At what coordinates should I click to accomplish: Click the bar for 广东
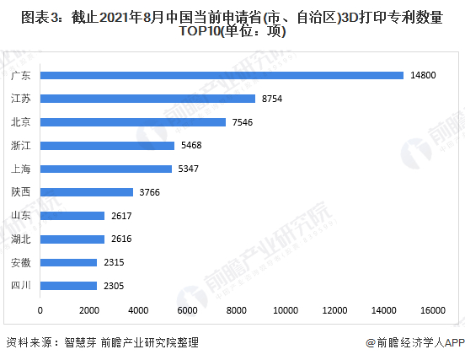(222, 75)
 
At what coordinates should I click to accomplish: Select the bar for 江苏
(147, 99)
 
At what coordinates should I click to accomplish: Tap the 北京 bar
(133, 122)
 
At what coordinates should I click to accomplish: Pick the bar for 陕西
(87, 192)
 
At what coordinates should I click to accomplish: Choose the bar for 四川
(69, 286)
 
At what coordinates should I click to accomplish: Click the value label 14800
(422, 75)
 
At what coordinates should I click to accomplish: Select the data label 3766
(149, 192)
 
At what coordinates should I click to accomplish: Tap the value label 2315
(114, 262)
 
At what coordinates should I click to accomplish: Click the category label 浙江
(21, 146)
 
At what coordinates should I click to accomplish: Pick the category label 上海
(21, 169)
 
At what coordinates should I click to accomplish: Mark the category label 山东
(21, 216)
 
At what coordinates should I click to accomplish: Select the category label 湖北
(21, 239)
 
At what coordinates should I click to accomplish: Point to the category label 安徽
(21, 262)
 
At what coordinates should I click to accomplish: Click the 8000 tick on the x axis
(237, 310)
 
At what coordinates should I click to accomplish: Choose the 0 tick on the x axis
(40, 310)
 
